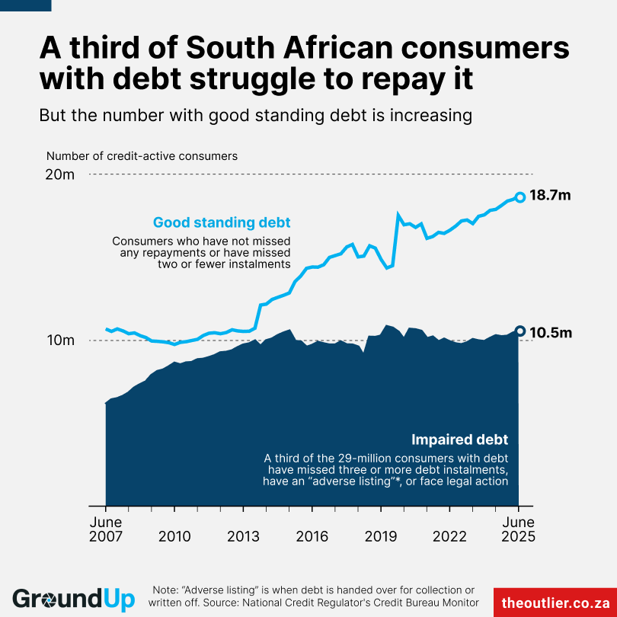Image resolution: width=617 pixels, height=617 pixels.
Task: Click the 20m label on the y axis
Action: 59,174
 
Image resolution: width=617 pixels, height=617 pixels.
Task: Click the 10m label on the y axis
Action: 59,340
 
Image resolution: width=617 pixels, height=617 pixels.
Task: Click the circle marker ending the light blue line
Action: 520,197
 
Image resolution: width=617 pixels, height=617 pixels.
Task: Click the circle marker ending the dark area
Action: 520,331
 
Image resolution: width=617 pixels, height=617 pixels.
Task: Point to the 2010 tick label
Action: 174,536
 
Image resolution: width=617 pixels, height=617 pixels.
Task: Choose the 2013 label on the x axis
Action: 244,536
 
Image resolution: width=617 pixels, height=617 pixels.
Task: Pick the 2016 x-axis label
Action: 312,536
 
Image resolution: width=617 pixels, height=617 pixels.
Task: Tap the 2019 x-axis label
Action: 381,536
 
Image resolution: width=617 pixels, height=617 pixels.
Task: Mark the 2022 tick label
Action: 450,536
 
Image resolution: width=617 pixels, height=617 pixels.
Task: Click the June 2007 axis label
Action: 105,529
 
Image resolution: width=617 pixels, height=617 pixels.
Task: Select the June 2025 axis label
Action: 519,529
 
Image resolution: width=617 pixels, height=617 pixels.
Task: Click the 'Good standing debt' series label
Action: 222,223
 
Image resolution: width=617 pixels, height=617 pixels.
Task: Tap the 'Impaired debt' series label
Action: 459,440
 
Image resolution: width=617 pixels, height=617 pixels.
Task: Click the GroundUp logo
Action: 73,599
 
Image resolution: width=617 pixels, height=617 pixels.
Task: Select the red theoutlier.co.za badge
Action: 555,602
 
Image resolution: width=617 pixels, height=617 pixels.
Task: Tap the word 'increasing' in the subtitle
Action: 432,116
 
